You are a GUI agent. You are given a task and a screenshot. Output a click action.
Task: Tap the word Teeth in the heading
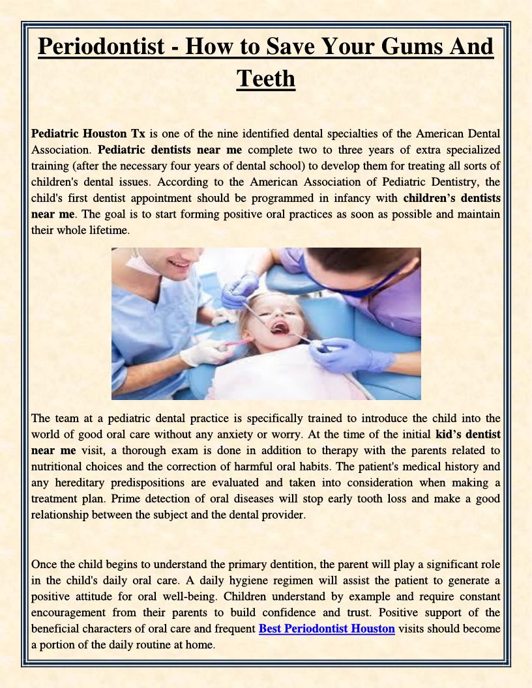266,78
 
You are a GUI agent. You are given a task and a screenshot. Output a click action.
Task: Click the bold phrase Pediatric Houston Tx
88,134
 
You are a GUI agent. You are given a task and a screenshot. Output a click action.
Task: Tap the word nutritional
61,466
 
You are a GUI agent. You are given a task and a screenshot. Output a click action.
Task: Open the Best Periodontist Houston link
327,629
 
